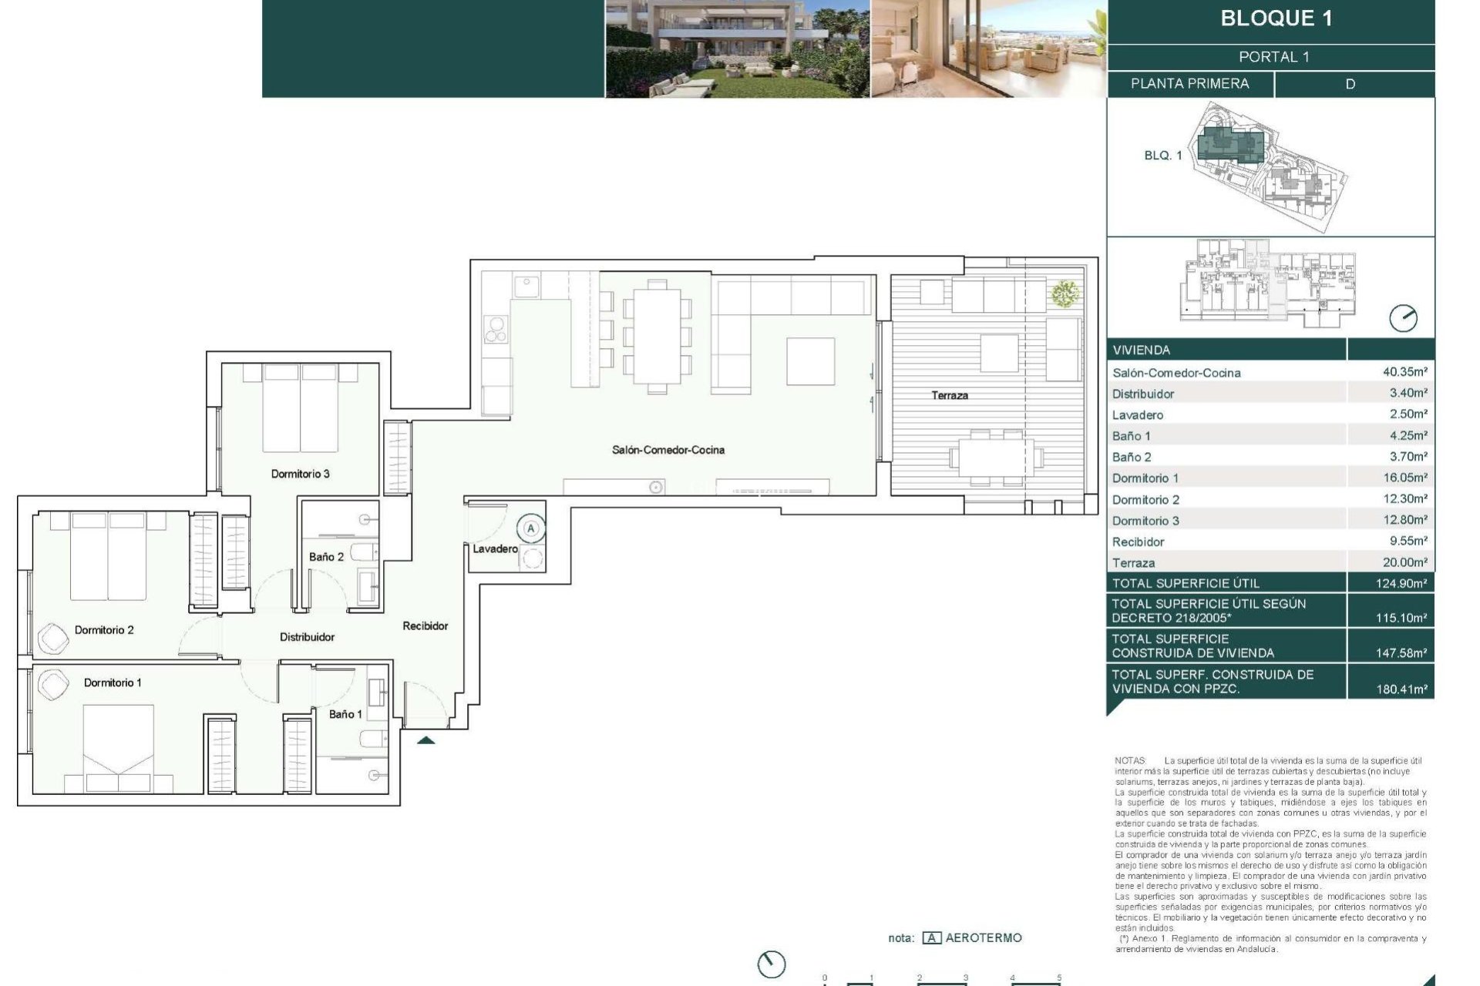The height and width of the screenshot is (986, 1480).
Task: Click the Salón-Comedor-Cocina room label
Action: coord(668,450)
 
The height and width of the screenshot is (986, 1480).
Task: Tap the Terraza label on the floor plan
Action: coord(949,395)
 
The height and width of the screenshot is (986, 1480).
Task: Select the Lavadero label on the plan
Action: coord(495,548)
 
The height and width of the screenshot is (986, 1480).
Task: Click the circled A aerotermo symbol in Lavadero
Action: coord(530,528)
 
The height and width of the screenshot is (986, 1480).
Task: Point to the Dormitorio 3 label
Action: coord(300,474)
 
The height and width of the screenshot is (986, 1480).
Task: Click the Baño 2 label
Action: coord(326,556)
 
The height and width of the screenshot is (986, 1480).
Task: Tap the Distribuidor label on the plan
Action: coord(307,637)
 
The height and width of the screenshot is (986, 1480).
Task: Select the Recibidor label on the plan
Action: coord(425,626)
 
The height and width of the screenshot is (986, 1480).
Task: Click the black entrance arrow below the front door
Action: coord(425,741)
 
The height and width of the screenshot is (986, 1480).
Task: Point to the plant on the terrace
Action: coord(1065,293)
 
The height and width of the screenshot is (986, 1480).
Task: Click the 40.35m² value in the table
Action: coord(1404,372)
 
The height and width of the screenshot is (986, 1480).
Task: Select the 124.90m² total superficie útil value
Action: coord(1401,584)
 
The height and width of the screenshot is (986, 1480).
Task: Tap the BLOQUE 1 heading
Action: coord(1276,18)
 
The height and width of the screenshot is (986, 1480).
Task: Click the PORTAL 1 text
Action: coord(1273,57)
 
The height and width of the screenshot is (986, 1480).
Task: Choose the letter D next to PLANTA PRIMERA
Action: coord(1350,84)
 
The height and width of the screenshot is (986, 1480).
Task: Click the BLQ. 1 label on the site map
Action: coord(1162,156)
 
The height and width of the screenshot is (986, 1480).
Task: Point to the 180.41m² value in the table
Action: coord(1401,689)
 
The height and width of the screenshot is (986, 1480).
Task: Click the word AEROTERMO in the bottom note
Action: coord(983,937)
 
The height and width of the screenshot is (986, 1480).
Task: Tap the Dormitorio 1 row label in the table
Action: coord(1145,478)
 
